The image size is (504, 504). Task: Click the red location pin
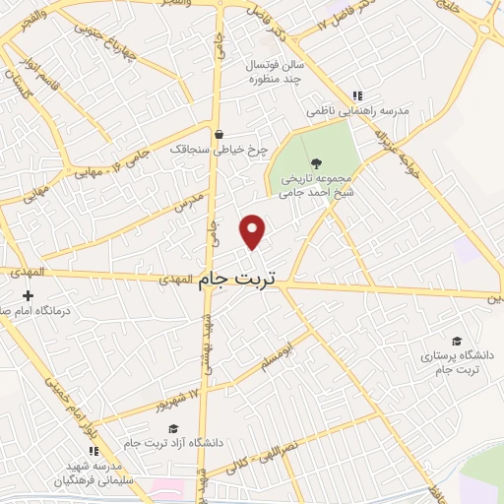(253, 230)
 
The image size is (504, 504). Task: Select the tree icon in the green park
(314, 164)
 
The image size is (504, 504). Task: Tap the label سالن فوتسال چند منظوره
(270, 71)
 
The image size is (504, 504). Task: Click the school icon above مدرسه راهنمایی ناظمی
(358, 96)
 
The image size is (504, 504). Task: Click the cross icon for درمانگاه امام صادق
(28, 295)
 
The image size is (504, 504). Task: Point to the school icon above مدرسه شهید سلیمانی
(94, 450)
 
